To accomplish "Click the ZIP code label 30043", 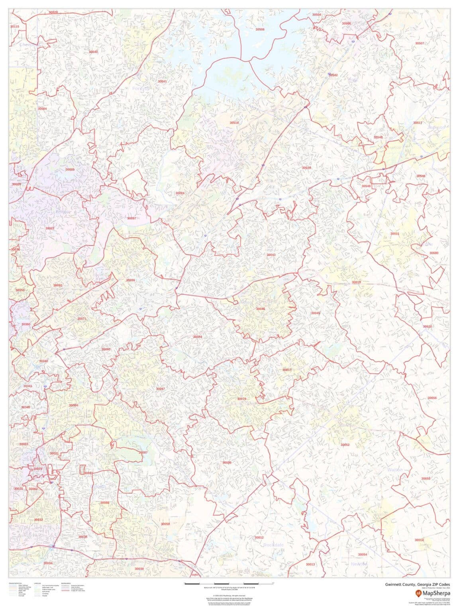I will (271, 255).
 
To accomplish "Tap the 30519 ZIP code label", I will (306, 168).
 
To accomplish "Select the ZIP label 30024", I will (180, 193).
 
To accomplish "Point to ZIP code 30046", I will (261, 309).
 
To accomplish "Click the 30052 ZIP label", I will (345, 445).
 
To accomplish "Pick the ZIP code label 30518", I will (234, 123).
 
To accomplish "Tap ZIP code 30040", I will (93, 52).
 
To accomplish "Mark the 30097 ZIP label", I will (131, 218).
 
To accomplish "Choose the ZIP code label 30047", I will (160, 388).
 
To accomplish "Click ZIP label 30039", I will (227, 463).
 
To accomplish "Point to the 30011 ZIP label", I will (394, 233).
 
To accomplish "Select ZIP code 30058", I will (165, 524).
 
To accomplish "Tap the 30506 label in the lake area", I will (260, 29).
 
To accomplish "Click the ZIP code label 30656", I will (432, 398).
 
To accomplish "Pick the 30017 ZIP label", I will (287, 370).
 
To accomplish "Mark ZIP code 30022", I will (50, 228).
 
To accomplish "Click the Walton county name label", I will (395, 470).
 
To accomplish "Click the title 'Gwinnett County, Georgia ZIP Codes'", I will (417, 585).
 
